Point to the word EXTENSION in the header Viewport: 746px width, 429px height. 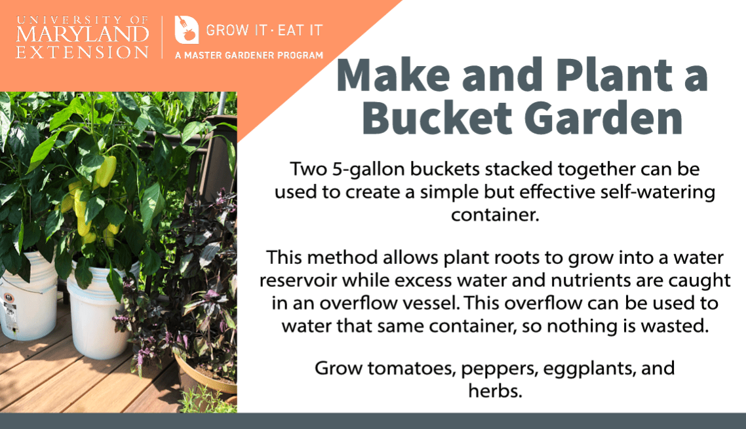point(83,52)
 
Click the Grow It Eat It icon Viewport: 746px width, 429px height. point(186,30)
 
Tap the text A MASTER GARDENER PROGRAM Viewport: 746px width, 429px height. point(249,56)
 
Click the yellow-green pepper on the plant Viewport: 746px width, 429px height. point(105,172)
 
